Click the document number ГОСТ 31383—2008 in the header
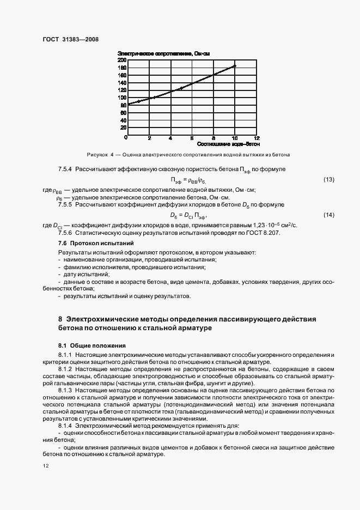[70, 39]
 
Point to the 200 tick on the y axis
[123, 59]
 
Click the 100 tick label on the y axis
[123, 97]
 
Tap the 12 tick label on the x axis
[257, 138]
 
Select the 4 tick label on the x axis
[170, 138]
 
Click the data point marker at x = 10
[235, 66]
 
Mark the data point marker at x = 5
[181, 88]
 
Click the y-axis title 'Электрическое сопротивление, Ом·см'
[163, 53]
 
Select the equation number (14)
[329, 215]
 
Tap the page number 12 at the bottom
[46, 466]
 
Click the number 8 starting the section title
[60, 318]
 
